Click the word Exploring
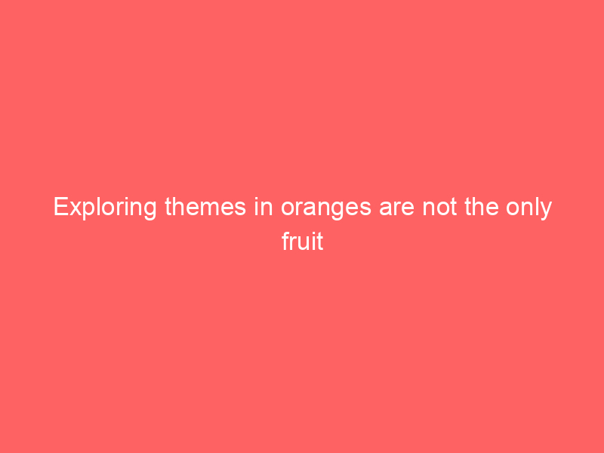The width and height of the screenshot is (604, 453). [106, 208]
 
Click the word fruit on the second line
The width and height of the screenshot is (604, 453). [302, 242]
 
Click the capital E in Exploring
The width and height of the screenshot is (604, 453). [60, 208]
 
